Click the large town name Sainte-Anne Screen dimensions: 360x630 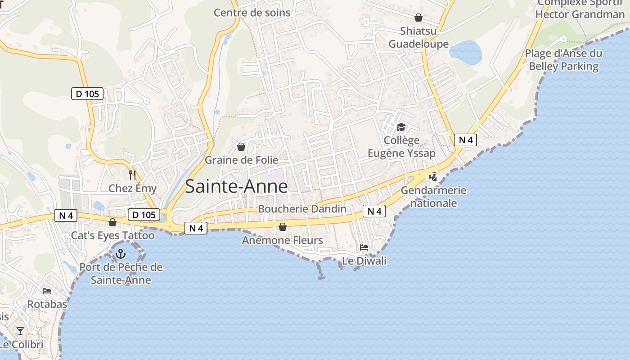click(x=236, y=186)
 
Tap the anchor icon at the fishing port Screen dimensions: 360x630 click(x=120, y=254)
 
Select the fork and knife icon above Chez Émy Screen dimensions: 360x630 click(x=132, y=175)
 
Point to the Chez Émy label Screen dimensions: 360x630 click(x=133, y=188)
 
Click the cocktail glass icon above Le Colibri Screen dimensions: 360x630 click(x=20, y=331)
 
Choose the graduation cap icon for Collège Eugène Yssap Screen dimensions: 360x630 click(x=401, y=127)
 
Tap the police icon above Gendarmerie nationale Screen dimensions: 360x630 click(x=433, y=177)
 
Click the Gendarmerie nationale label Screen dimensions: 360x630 click(x=433, y=197)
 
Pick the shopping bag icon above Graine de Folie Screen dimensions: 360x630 click(x=241, y=147)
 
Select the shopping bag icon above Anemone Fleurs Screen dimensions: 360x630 click(x=283, y=227)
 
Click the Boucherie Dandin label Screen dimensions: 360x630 click(x=302, y=209)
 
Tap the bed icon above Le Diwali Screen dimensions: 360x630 click(x=364, y=247)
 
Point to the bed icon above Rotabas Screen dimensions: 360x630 click(x=47, y=291)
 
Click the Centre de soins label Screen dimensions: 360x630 click(x=252, y=13)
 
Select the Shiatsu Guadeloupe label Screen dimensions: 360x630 click(x=418, y=37)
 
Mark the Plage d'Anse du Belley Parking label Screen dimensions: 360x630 click(x=563, y=60)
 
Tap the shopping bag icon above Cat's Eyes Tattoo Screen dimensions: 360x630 click(x=112, y=222)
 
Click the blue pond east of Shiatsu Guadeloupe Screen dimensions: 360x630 click(x=465, y=52)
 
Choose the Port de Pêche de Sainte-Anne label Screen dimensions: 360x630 click(x=121, y=273)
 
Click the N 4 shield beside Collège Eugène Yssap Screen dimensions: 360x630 click(x=465, y=140)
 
